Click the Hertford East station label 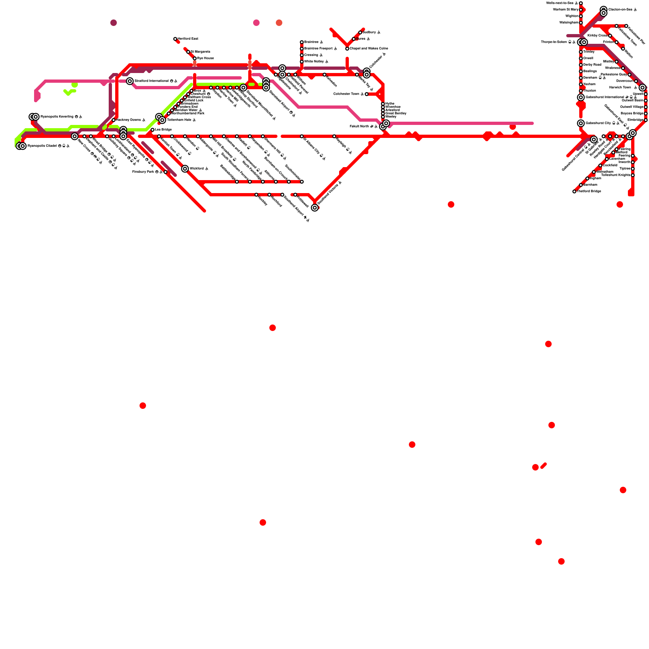click(x=188, y=39)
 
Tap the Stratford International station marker click(x=130, y=81)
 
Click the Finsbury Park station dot click(x=165, y=172)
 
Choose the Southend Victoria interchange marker click(x=315, y=208)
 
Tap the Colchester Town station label click(x=346, y=94)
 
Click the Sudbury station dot click(x=360, y=32)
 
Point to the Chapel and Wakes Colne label click(x=369, y=49)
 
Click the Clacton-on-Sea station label click(x=620, y=10)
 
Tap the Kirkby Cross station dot click(x=610, y=36)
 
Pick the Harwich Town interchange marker click(x=643, y=88)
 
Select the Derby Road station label click(x=592, y=65)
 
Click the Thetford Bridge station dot click(x=574, y=191)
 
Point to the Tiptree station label click(x=625, y=169)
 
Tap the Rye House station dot click(x=195, y=58)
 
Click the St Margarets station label click(x=200, y=52)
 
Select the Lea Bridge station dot click(x=153, y=130)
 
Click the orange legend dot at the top click(x=279, y=23)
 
